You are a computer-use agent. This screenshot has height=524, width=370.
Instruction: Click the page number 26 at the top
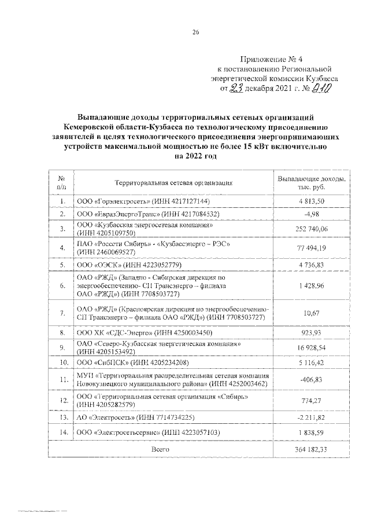coord(195,32)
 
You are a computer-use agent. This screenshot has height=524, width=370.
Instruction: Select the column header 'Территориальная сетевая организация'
coord(173,182)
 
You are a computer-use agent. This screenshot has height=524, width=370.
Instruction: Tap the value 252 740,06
coord(313,229)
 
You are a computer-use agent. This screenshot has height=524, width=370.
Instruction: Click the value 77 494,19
coord(313,248)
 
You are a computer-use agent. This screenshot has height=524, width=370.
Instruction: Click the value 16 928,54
coord(313,348)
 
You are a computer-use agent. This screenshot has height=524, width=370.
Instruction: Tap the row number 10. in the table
coord(62,363)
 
